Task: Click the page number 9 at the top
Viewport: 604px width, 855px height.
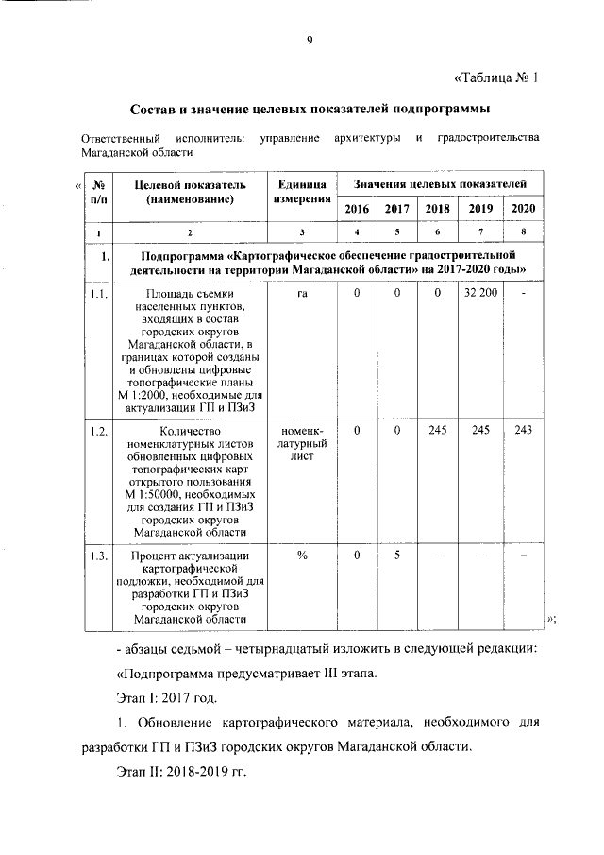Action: pos(309,39)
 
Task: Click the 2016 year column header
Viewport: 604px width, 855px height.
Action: pos(357,209)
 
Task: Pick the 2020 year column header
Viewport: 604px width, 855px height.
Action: pos(523,209)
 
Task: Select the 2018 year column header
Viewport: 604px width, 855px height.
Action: pos(438,209)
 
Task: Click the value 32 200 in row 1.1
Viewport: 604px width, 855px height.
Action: pos(480,295)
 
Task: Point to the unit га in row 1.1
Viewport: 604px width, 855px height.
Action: pos(302,295)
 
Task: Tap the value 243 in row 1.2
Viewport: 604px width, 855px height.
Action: pos(523,431)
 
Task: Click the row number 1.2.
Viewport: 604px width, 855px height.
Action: pos(97,431)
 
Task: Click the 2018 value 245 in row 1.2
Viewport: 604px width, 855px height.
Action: pos(438,431)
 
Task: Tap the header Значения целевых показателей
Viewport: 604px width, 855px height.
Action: pos(440,182)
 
